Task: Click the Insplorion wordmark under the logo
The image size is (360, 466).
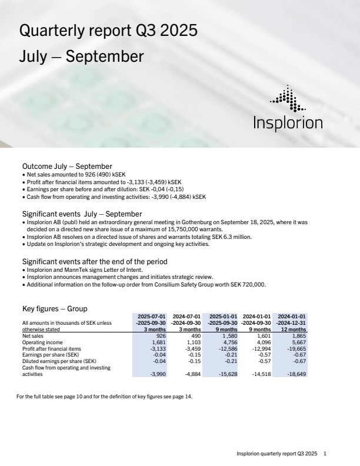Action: (x=288, y=123)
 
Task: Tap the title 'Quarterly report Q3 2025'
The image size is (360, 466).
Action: (x=108, y=31)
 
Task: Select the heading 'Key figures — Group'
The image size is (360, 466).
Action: (x=54, y=308)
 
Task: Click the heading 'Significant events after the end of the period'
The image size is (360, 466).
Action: (x=95, y=261)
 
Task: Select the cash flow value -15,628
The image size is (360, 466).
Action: (x=226, y=374)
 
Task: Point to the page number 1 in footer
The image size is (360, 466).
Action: (x=325, y=454)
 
